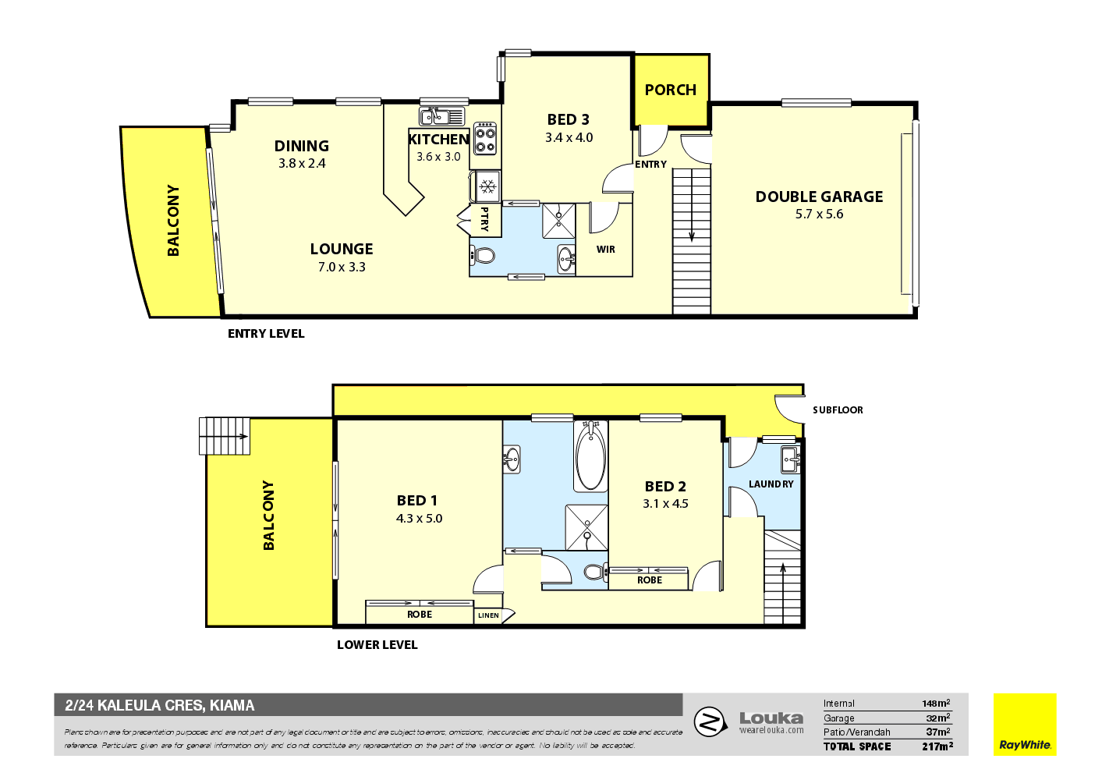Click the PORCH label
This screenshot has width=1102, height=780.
click(670, 90)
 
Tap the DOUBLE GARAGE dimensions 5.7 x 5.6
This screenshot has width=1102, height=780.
click(819, 214)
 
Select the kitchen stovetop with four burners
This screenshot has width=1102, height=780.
click(486, 138)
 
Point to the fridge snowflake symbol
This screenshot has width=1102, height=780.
click(487, 186)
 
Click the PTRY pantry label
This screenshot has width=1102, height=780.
click(484, 219)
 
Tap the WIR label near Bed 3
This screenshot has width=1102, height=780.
click(606, 250)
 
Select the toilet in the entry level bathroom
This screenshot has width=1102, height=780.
click(484, 255)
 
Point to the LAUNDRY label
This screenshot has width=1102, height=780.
click(771, 484)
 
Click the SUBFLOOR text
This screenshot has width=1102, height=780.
click(838, 410)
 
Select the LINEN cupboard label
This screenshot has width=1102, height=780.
click(488, 615)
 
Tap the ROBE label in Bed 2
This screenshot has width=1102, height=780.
click(649, 580)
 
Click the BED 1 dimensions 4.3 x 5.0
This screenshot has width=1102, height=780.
click(419, 519)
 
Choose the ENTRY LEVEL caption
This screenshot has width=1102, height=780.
click(266, 334)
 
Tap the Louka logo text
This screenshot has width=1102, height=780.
click(771, 718)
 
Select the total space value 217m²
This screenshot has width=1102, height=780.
click(937, 746)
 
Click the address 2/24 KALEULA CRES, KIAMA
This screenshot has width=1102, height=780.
click(160, 706)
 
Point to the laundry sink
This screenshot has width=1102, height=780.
click(790, 458)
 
